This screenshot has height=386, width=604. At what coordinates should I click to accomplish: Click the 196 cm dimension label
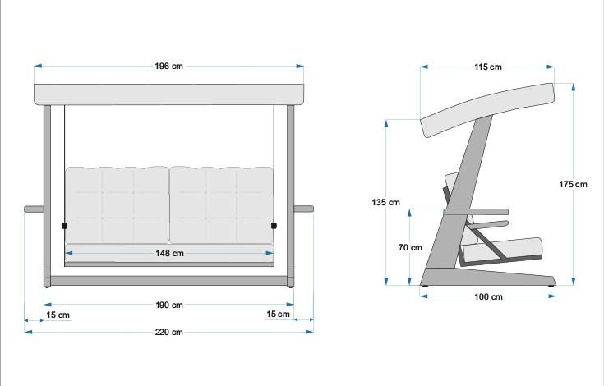point(168,66)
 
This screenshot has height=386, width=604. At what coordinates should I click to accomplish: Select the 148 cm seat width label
point(168,254)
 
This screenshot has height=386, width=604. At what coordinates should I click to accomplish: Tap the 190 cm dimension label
point(168,306)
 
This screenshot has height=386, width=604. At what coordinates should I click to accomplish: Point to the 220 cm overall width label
point(168,332)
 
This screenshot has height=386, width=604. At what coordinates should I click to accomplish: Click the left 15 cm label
point(58,315)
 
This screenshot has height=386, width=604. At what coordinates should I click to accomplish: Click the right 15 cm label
point(278,315)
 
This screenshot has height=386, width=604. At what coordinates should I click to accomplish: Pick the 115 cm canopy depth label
point(487,67)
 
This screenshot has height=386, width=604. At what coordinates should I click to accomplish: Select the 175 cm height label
point(573,184)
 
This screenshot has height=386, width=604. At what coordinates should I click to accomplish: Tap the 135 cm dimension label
point(385,202)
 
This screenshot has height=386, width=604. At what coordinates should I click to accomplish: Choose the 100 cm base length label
point(488,297)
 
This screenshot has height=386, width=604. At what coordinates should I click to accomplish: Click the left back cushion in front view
point(117,204)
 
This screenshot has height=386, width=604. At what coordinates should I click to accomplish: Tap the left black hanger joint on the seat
point(64,225)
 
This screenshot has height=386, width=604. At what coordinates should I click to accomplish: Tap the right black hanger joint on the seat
point(274,225)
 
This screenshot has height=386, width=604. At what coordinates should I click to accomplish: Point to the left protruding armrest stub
point(34,209)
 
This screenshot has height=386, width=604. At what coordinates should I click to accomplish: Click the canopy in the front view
point(168,94)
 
